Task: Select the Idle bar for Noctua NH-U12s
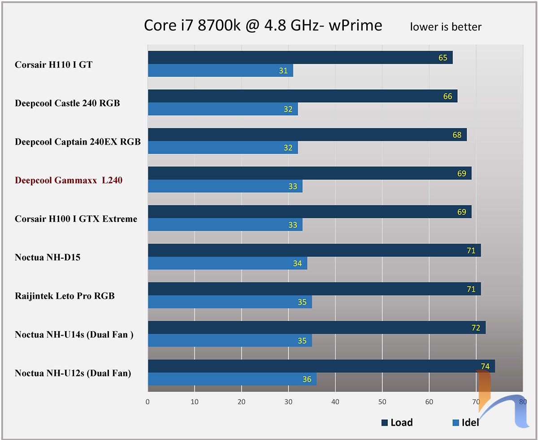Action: (x=232, y=379)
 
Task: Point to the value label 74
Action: (x=485, y=366)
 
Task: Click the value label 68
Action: (x=457, y=135)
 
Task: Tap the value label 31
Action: (x=283, y=70)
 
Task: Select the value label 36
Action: (x=307, y=379)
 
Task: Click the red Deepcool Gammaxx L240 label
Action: (x=69, y=181)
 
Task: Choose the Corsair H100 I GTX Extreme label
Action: (x=76, y=219)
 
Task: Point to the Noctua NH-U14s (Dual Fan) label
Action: (x=74, y=334)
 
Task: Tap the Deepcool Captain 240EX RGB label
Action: (x=78, y=142)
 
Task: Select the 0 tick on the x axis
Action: (x=148, y=401)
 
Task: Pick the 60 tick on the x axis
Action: (x=429, y=401)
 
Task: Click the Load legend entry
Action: (x=397, y=422)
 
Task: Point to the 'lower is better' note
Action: (x=446, y=27)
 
